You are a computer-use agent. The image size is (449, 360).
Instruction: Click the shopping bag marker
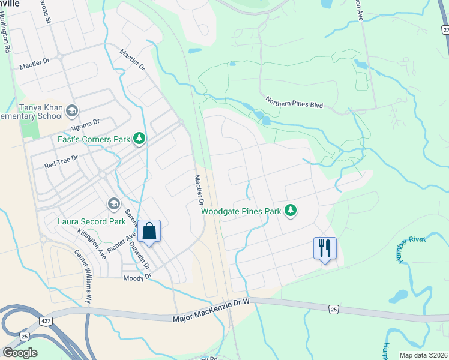149,231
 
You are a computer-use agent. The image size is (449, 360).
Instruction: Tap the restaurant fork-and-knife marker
325,248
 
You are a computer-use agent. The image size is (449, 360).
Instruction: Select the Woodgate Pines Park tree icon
291,211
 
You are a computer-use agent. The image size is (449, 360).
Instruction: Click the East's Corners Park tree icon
139,139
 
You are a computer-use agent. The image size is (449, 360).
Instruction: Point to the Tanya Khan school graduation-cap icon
72,110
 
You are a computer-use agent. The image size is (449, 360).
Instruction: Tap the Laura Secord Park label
83,221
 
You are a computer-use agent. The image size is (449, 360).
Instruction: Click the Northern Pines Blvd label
294,103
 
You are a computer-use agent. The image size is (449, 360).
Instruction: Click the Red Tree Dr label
61,161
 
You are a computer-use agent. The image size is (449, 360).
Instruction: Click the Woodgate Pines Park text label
241,211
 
